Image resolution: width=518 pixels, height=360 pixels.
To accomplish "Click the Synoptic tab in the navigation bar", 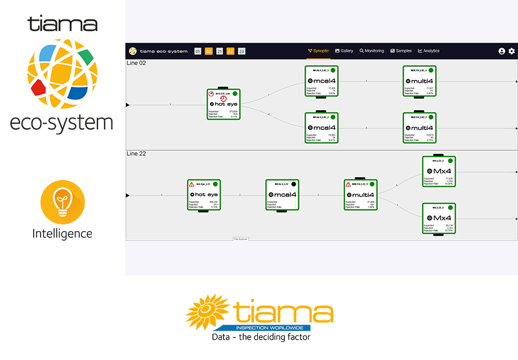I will tap(319, 51).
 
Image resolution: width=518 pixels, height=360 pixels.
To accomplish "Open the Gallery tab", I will tap(344, 51).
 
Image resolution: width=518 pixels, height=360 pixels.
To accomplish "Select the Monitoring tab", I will tap(372, 51).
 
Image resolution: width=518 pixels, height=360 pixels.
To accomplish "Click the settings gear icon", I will tap(512, 51).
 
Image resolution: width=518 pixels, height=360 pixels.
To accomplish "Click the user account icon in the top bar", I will tap(502, 51).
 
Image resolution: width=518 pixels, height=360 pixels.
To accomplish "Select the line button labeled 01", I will tap(198, 51).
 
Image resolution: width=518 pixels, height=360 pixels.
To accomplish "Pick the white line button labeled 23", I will tap(242, 51).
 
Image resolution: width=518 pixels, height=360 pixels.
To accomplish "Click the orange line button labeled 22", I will tap(230, 51).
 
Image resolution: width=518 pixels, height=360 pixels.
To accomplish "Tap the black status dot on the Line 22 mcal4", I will tap(293, 184).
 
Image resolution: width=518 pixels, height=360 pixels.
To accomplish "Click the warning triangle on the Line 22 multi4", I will tap(349, 184).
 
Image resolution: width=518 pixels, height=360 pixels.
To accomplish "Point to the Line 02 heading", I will tap(136, 63).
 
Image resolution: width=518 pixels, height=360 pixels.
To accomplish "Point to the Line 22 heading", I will tap(136, 153).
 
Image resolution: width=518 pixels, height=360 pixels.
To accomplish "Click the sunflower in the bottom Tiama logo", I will tap(207, 312).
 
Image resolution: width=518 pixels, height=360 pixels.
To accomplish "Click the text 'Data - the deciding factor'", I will tap(261, 337).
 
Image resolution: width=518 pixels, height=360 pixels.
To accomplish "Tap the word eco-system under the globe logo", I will tap(61, 121).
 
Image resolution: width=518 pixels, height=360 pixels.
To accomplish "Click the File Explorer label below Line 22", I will tap(240, 239).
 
